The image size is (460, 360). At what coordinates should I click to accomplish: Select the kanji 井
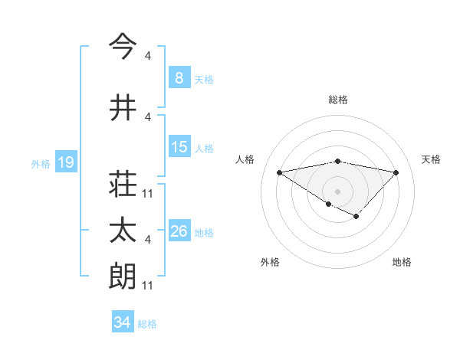123,107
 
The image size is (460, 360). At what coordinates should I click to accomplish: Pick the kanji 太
123,231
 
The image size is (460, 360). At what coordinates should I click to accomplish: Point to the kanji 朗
123,277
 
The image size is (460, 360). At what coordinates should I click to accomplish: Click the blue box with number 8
179,78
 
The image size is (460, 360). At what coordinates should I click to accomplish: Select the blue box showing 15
179,147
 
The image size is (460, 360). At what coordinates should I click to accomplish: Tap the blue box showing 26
179,231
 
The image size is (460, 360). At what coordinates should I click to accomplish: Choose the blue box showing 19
65,162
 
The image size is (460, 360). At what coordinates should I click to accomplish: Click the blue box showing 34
122,322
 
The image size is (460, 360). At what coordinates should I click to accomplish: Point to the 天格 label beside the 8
204,80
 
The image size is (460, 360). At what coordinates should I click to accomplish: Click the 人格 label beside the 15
204,149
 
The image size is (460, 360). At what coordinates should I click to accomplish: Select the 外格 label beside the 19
41,164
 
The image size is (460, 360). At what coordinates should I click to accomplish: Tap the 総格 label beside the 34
147,324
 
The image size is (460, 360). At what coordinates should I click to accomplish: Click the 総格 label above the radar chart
337,100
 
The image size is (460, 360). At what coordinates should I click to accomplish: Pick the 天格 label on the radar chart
432,159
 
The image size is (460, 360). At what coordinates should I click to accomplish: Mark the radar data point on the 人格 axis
279,172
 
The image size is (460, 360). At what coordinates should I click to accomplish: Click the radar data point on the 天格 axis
396,172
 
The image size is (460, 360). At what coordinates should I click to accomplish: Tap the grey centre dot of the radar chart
337,191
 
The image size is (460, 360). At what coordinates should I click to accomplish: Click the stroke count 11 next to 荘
148,193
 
